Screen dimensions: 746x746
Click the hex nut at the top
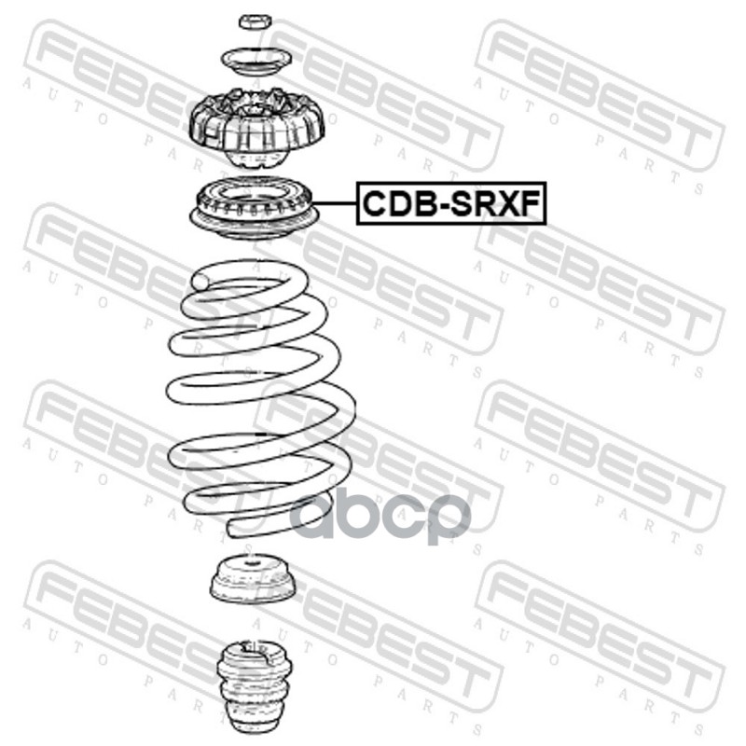coord(255,21)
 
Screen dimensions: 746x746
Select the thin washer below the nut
coord(256,62)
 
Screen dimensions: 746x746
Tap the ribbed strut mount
coord(257,127)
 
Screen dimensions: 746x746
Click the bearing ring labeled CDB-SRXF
coord(255,207)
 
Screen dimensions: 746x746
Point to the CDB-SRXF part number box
coord(451,203)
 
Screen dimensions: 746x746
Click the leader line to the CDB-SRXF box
coord(334,203)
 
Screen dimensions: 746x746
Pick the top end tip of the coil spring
coord(200,282)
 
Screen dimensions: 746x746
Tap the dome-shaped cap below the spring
coord(252,577)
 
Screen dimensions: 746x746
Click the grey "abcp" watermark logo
coord(380,518)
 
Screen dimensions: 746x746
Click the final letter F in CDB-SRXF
coord(531,203)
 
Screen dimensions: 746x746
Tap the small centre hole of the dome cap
coord(251,563)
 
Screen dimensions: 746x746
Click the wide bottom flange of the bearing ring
coord(255,224)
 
